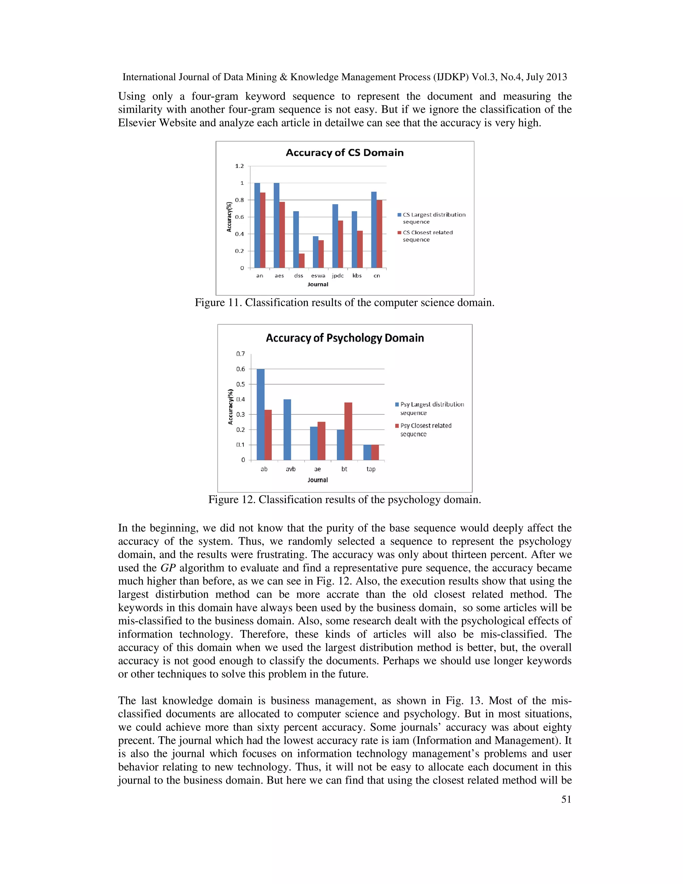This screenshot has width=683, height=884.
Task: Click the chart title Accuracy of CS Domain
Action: (x=344, y=152)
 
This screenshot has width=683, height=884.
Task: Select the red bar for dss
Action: (x=301, y=260)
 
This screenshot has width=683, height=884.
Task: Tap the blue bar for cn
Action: (x=374, y=230)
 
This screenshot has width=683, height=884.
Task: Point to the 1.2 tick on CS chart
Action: (x=239, y=166)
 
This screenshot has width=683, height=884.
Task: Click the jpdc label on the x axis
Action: (x=337, y=276)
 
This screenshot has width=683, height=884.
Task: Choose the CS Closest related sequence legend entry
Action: (x=427, y=236)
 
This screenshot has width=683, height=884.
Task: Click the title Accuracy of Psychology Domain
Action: (x=345, y=338)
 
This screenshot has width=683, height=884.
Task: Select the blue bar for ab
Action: (x=260, y=414)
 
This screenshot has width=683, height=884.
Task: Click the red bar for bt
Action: (x=348, y=431)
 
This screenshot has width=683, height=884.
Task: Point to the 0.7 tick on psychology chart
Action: (x=240, y=354)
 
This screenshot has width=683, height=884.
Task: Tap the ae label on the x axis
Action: (x=317, y=469)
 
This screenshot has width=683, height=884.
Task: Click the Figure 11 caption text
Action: (x=344, y=303)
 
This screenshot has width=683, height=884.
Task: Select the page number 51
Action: (x=566, y=799)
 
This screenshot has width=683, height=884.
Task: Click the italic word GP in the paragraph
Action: (x=168, y=568)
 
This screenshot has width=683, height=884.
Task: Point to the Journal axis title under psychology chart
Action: (x=317, y=480)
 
